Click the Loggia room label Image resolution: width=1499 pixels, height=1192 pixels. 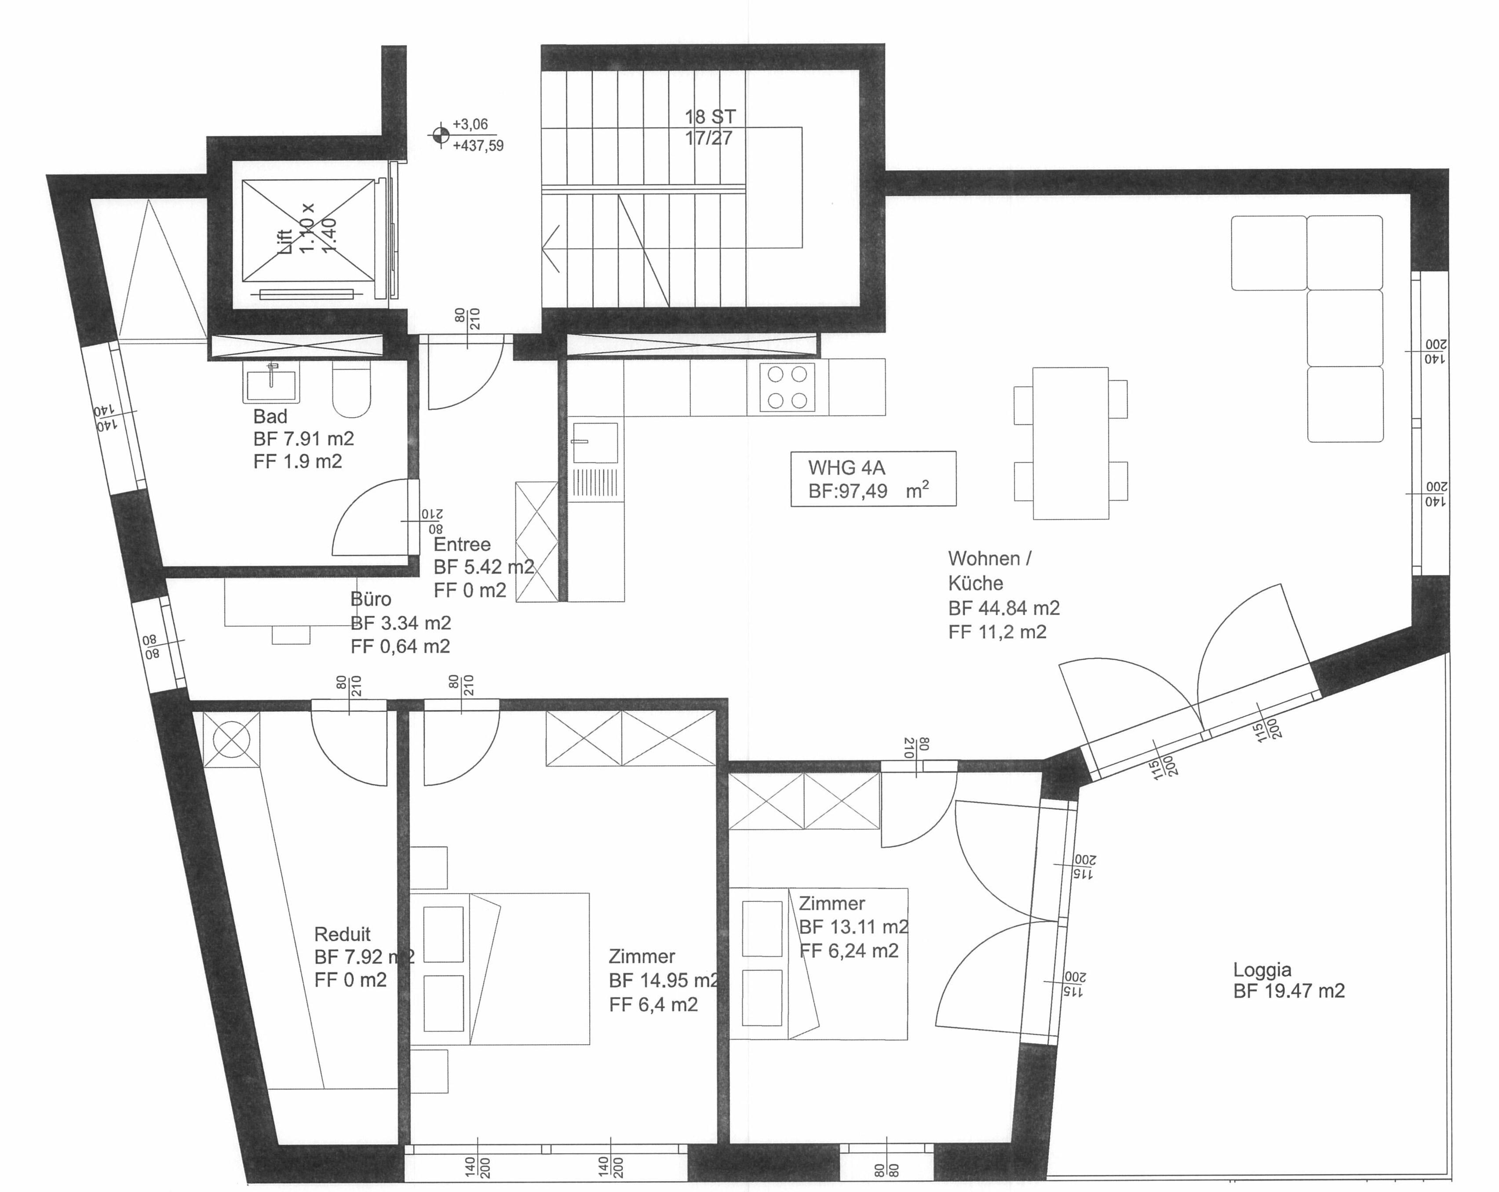pyautogui.click(x=1262, y=970)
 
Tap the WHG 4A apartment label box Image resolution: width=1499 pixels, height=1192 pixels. pyautogui.click(x=873, y=479)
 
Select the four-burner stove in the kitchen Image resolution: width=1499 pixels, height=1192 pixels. pyautogui.click(x=788, y=387)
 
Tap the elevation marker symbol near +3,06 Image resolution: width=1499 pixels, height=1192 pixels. pyautogui.click(x=440, y=135)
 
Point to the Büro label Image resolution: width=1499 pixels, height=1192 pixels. pyautogui.click(x=371, y=599)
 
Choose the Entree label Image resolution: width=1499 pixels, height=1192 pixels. pyautogui.click(x=462, y=544)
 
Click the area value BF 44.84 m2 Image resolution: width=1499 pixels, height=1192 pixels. pyautogui.click(x=1003, y=608)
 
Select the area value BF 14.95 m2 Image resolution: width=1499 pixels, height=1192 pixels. pyautogui.click(x=664, y=980)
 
